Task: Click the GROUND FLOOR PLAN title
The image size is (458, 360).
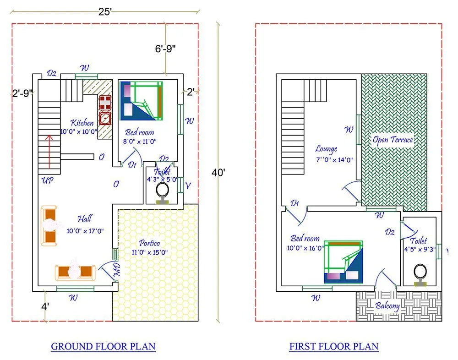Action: (x=103, y=346)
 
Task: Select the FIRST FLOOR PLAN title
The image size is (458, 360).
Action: (x=334, y=346)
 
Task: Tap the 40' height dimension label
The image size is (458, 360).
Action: (x=218, y=173)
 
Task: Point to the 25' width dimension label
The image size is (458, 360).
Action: (x=105, y=12)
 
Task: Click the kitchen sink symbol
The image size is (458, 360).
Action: (x=105, y=118)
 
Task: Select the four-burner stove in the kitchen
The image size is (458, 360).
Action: (x=105, y=102)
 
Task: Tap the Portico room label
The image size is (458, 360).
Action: (x=150, y=243)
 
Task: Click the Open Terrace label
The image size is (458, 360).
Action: (x=393, y=140)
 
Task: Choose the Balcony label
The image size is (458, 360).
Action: (x=387, y=306)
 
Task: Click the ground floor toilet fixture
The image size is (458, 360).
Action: (x=163, y=191)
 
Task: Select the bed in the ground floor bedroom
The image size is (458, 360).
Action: (x=142, y=100)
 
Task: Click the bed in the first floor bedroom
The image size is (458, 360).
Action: (x=343, y=261)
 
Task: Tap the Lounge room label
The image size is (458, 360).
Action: (x=326, y=149)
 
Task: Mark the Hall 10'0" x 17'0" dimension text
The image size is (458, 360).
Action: (x=85, y=231)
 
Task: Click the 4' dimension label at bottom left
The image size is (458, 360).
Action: (x=45, y=307)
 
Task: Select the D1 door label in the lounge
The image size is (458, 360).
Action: (x=295, y=203)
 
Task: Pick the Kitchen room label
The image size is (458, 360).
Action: (x=82, y=123)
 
